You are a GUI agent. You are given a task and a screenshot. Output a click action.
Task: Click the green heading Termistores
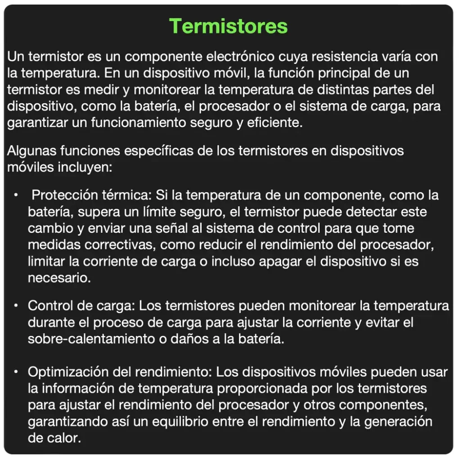229,26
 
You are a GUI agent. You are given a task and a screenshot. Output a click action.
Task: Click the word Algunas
31,151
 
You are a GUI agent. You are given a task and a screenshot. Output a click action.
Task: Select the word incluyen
85,167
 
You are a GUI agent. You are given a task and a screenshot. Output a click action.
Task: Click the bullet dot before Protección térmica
16,195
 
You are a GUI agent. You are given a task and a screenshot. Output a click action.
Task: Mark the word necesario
59,277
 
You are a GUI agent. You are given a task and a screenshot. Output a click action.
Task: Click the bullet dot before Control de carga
16,306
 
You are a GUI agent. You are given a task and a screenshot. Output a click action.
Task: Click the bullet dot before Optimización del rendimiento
16,372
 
